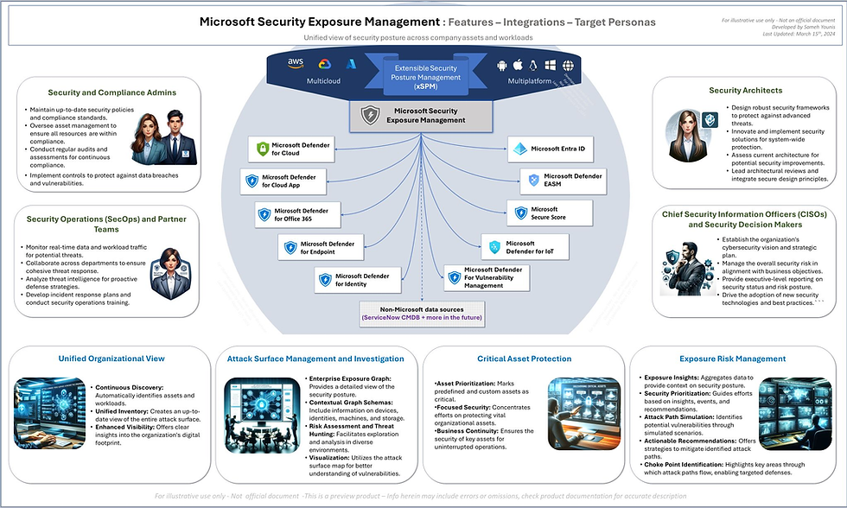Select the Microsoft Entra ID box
[x=549, y=149]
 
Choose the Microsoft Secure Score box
[x=549, y=213]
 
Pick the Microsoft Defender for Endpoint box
[x=318, y=248]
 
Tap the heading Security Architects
[x=745, y=90]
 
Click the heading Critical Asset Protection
[x=524, y=359]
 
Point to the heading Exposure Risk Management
[x=734, y=359]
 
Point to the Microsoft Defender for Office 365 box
[x=292, y=214]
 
